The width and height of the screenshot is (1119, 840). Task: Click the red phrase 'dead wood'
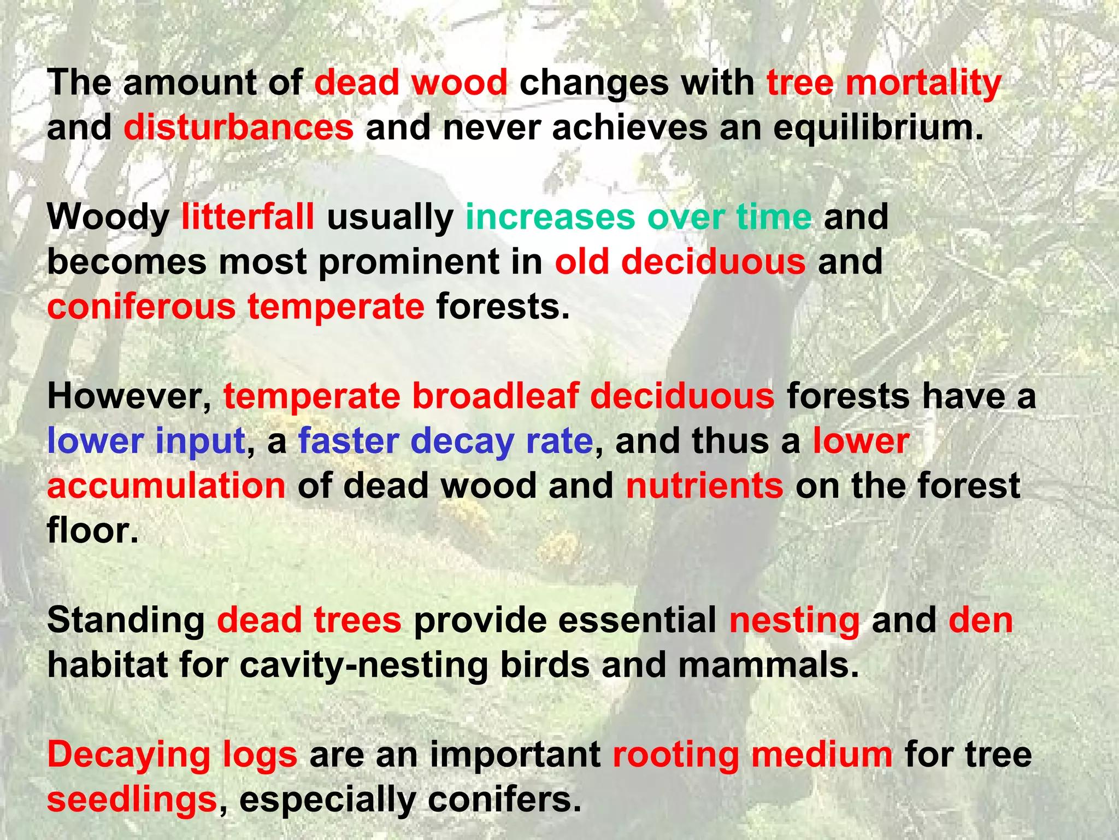tap(411, 83)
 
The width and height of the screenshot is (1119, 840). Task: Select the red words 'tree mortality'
tap(884, 83)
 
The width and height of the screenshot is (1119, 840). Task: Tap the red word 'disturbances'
tap(239, 128)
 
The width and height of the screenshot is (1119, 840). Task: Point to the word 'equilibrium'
tap(877, 128)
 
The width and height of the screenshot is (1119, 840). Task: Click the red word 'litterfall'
tap(248, 217)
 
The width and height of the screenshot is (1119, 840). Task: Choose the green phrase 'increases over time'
tap(638, 217)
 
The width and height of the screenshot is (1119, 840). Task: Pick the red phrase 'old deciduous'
tap(680, 262)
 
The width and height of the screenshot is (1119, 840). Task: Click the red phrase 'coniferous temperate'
tap(235, 307)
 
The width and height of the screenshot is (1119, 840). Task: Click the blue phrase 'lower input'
tap(146, 441)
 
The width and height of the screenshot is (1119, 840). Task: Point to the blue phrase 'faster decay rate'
tap(445, 441)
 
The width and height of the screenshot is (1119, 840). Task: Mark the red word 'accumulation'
tap(166, 486)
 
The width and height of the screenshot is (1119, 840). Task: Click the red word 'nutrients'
tap(704, 486)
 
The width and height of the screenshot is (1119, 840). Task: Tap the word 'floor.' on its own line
tap(93, 530)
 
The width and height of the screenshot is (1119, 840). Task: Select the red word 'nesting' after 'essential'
tap(794, 621)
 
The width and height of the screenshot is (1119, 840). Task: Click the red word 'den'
tap(980, 621)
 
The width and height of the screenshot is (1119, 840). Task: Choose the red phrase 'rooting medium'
tap(752, 755)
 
